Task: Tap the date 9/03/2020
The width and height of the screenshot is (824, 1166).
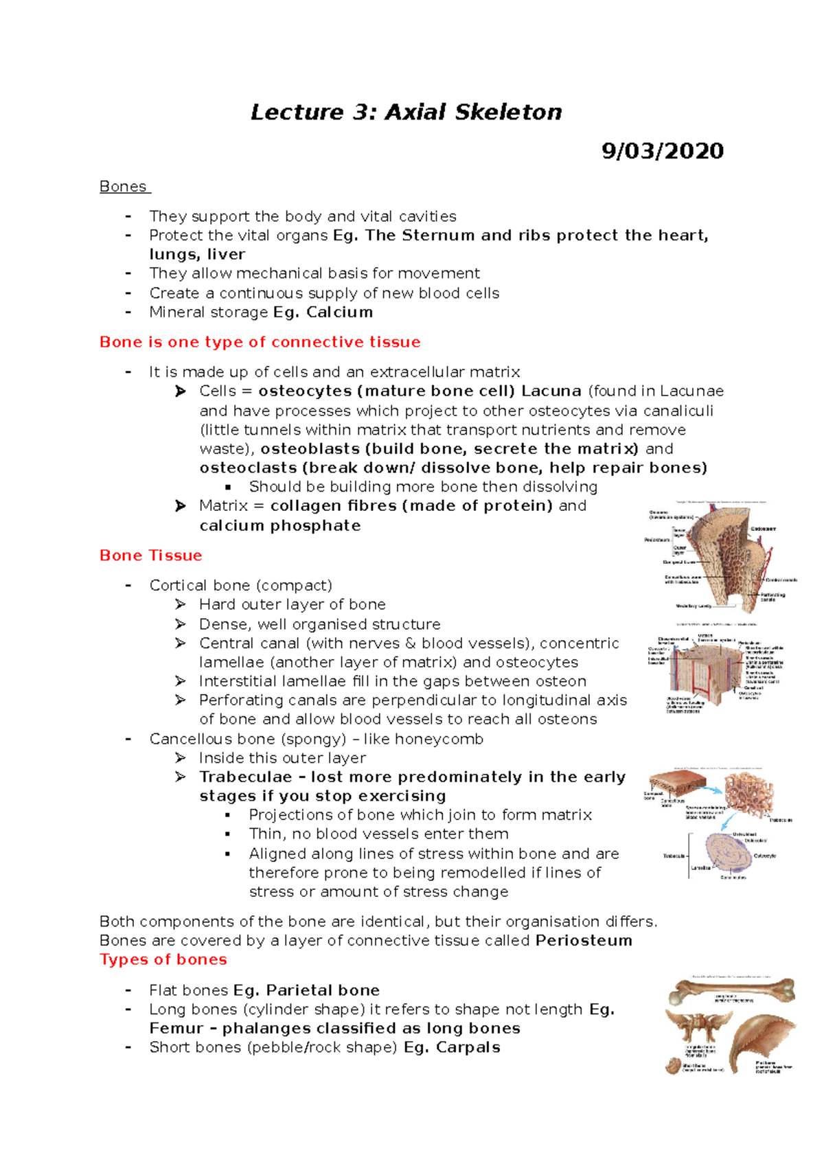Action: tap(662, 151)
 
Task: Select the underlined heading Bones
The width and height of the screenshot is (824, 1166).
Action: tap(123, 187)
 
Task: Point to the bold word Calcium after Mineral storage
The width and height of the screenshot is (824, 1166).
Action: tap(339, 312)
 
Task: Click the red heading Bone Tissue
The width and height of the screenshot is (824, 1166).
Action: tap(150, 556)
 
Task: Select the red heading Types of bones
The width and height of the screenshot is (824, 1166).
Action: tap(163, 960)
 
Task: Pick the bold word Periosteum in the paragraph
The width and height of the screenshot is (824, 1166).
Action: tap(584, 941)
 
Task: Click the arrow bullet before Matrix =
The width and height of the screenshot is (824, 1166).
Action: tap(181, 506)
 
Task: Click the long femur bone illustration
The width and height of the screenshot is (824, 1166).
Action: tap(731, 990)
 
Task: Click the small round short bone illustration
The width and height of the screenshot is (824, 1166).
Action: tap(674, 1065)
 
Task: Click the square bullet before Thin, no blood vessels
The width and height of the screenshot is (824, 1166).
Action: tap(228, 835)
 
